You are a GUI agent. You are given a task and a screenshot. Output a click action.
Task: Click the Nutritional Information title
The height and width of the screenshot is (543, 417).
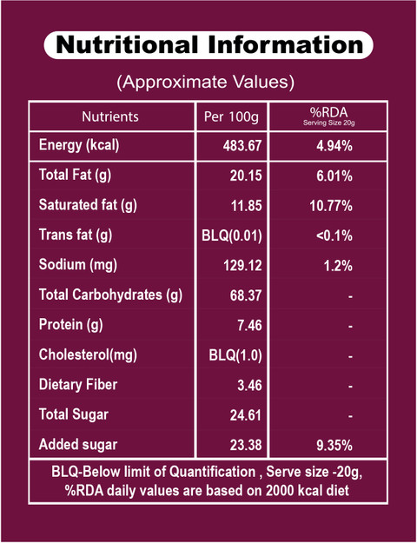[208, 45]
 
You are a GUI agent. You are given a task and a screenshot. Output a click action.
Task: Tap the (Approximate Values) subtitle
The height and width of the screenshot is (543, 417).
[205, 83]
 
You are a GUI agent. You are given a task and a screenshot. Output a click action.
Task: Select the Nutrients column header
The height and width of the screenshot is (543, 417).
[110, 116]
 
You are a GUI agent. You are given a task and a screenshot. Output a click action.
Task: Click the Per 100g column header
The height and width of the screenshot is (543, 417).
[231, 117]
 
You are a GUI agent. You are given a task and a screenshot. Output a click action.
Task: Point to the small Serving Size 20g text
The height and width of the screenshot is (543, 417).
[328, 123]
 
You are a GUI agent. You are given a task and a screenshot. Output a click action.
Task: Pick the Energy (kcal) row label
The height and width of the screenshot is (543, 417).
[79, 145]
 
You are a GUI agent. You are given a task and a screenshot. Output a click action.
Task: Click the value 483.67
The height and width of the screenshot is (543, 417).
[242, 146]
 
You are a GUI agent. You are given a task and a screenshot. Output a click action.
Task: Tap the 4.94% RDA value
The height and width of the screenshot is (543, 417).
[334, 146]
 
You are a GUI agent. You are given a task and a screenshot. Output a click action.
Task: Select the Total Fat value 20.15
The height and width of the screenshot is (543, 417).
[246, 175]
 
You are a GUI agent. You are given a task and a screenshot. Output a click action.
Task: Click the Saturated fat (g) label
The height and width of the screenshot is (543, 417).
[88, 205]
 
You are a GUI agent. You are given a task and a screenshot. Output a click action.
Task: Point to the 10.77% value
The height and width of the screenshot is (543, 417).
[331, 206]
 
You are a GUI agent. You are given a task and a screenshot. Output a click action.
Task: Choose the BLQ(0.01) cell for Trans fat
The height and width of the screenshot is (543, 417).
[232, 236]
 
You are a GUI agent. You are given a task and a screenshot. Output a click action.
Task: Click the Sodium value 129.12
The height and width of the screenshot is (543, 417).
[242, 266]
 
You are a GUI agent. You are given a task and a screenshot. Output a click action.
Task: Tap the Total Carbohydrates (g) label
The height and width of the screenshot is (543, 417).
[110, 295]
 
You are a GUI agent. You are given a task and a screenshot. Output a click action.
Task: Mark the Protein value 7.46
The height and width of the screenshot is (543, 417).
[249, 326]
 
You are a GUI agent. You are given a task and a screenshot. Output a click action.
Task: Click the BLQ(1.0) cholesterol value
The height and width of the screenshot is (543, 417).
[235, 355]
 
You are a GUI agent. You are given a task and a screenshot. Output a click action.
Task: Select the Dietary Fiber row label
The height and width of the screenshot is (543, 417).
[78, 384]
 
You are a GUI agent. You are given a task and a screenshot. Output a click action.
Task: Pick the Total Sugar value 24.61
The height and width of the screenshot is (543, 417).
[246, 415]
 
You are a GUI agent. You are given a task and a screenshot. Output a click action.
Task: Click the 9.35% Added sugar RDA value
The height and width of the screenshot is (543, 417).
[334, 446]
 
